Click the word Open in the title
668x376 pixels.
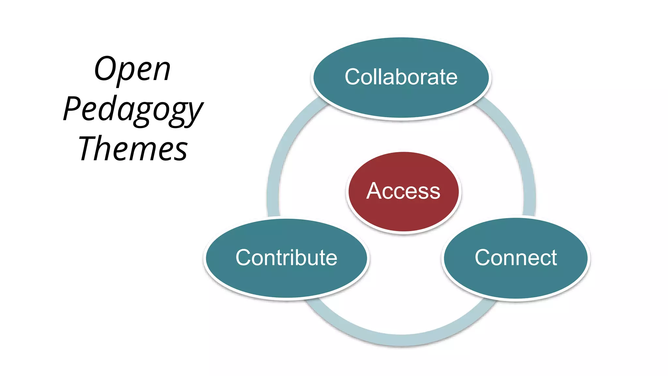point(132,69)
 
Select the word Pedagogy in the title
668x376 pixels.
point(133,110)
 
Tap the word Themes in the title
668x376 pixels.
point(133,149)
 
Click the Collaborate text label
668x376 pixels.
point(401,77)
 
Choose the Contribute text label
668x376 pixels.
point(286,258)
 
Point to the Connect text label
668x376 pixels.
point(516,258)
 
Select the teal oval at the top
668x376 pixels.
point(401,101)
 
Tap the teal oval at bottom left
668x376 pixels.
point(286,281)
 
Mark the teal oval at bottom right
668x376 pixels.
point(516,281)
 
